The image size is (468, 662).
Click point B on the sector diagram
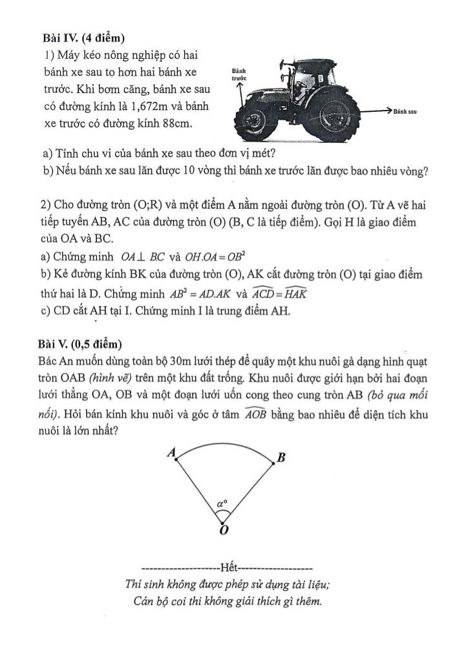click(281, 458)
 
